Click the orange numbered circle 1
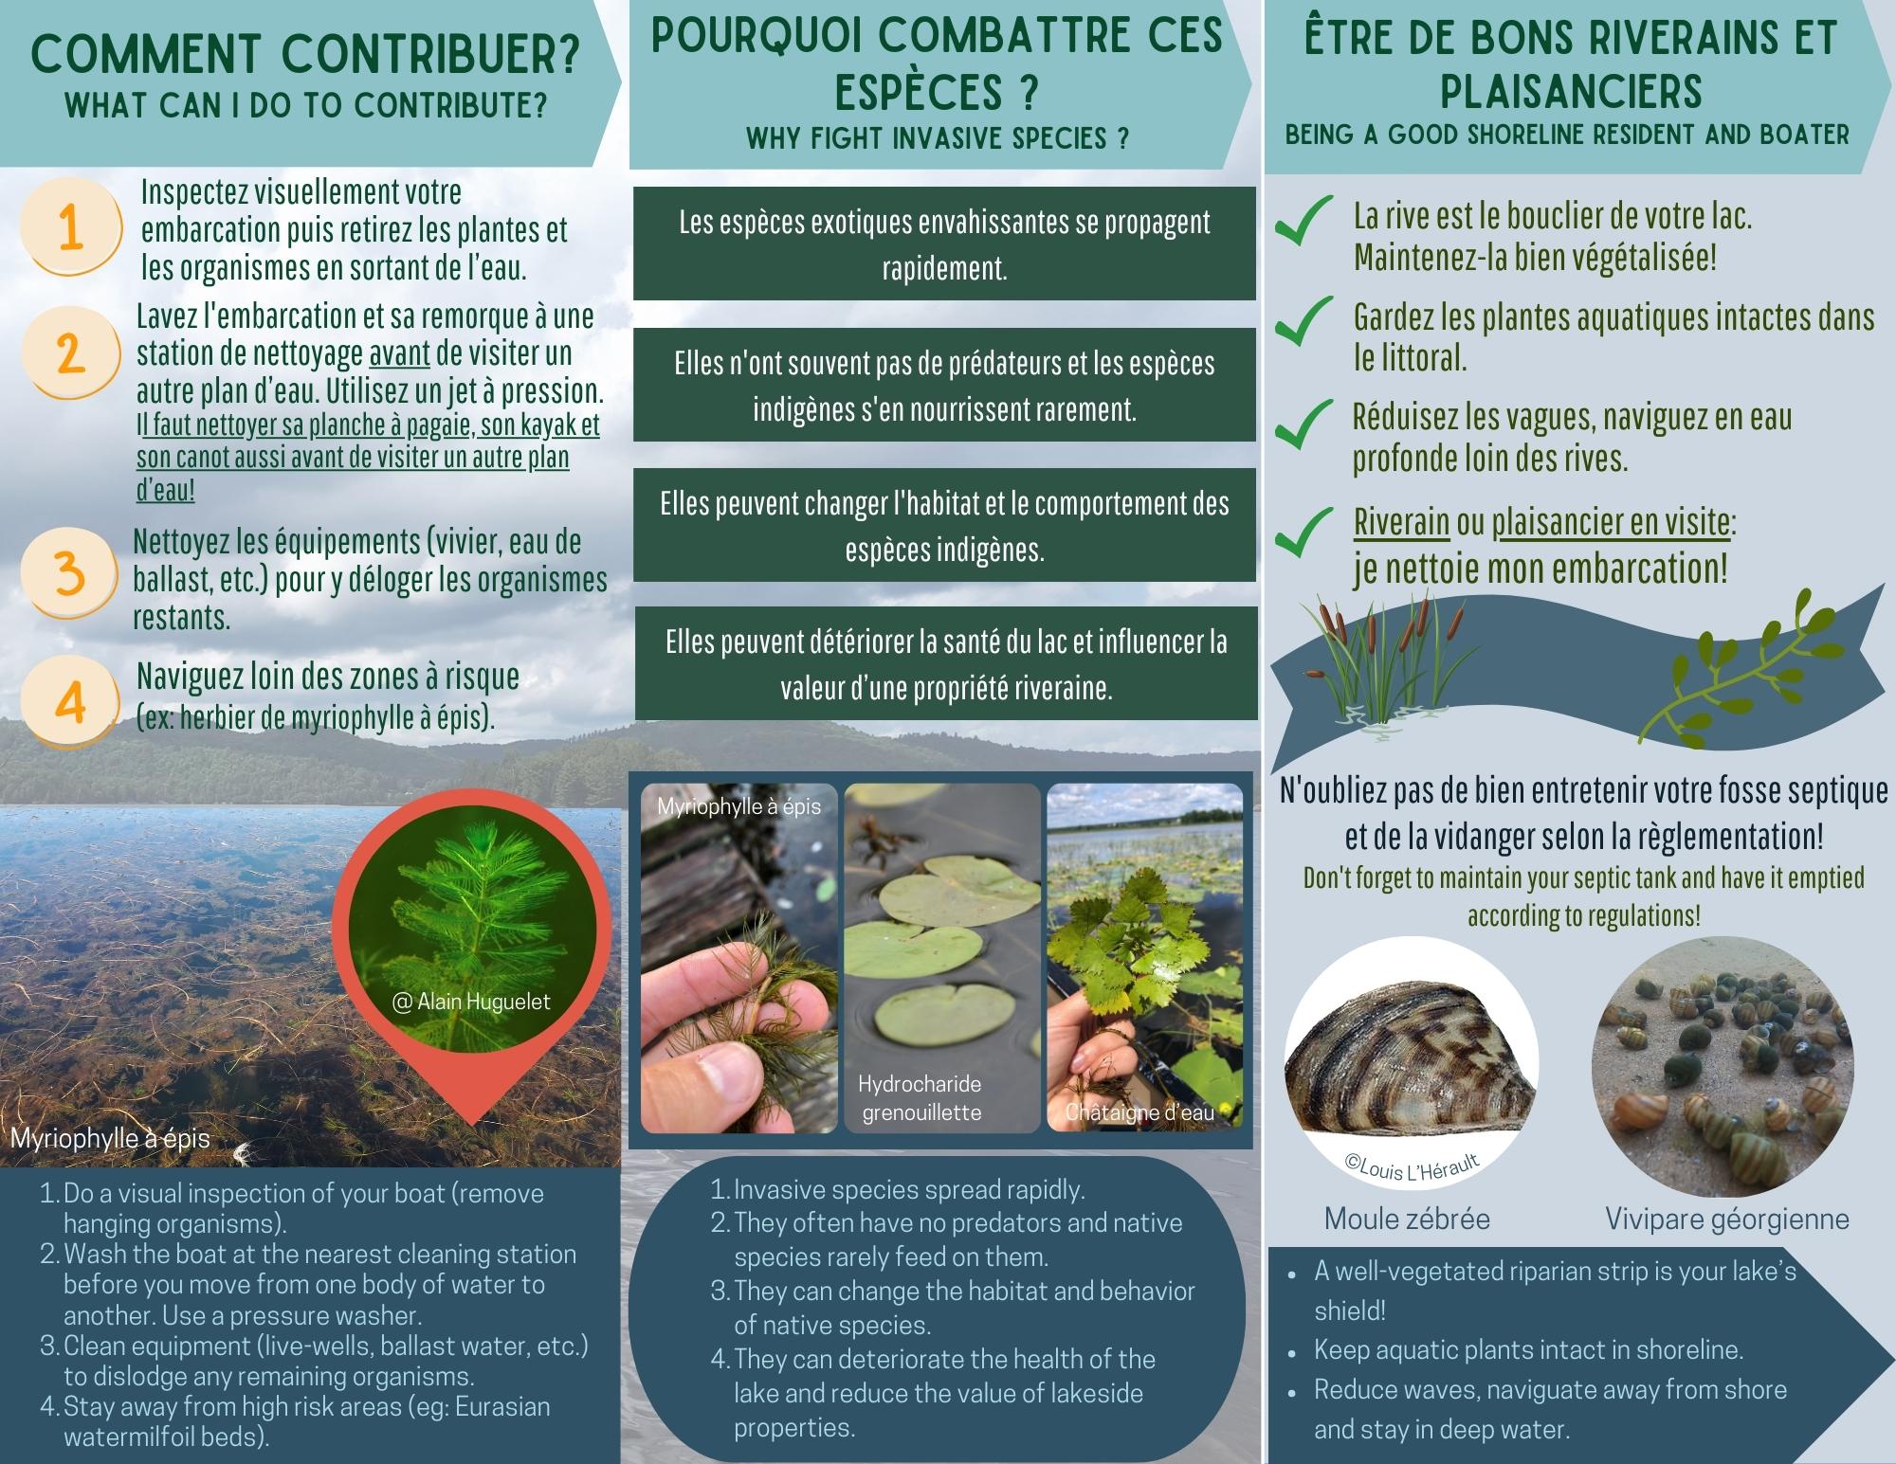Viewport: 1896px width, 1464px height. pyautogui.click(x=71, y=227)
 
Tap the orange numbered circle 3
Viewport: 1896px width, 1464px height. pyautogui.click(x=69, y=573)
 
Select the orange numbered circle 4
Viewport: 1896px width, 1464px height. pyautogui.click(x=70, y=702)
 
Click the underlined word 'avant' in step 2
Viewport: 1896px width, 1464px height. pyautogui.click(x=399, y=353)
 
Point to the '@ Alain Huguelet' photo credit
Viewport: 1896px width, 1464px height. pyautogui.click(x=471, y=1002)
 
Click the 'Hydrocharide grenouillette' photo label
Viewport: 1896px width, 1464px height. pyautogui.click(x=921, y=1097)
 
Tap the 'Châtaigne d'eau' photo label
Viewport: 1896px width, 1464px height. pyautogui.click(x=1139, y=1112)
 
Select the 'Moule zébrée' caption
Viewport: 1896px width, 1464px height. pyautogui.click(x=1407, y=1219)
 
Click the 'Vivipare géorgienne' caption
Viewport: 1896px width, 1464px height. pyautogui.click(x=1727, y=1219)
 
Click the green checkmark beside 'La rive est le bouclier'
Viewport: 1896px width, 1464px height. pyautogui.click(x=1303, y=221)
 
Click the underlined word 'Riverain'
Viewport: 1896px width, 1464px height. pyautogui.click(x=1401, y=522)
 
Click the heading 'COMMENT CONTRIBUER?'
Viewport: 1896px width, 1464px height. pyautogui.click(x=305, y=53)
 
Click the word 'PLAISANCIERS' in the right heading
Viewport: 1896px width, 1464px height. pyautogui.click(x=1571, y=92)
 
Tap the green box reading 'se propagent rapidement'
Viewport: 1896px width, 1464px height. pyautogui.click(x=944, y=244)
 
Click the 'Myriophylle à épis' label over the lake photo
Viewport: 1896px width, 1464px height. pyautogui.click(x=110, y=1138)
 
